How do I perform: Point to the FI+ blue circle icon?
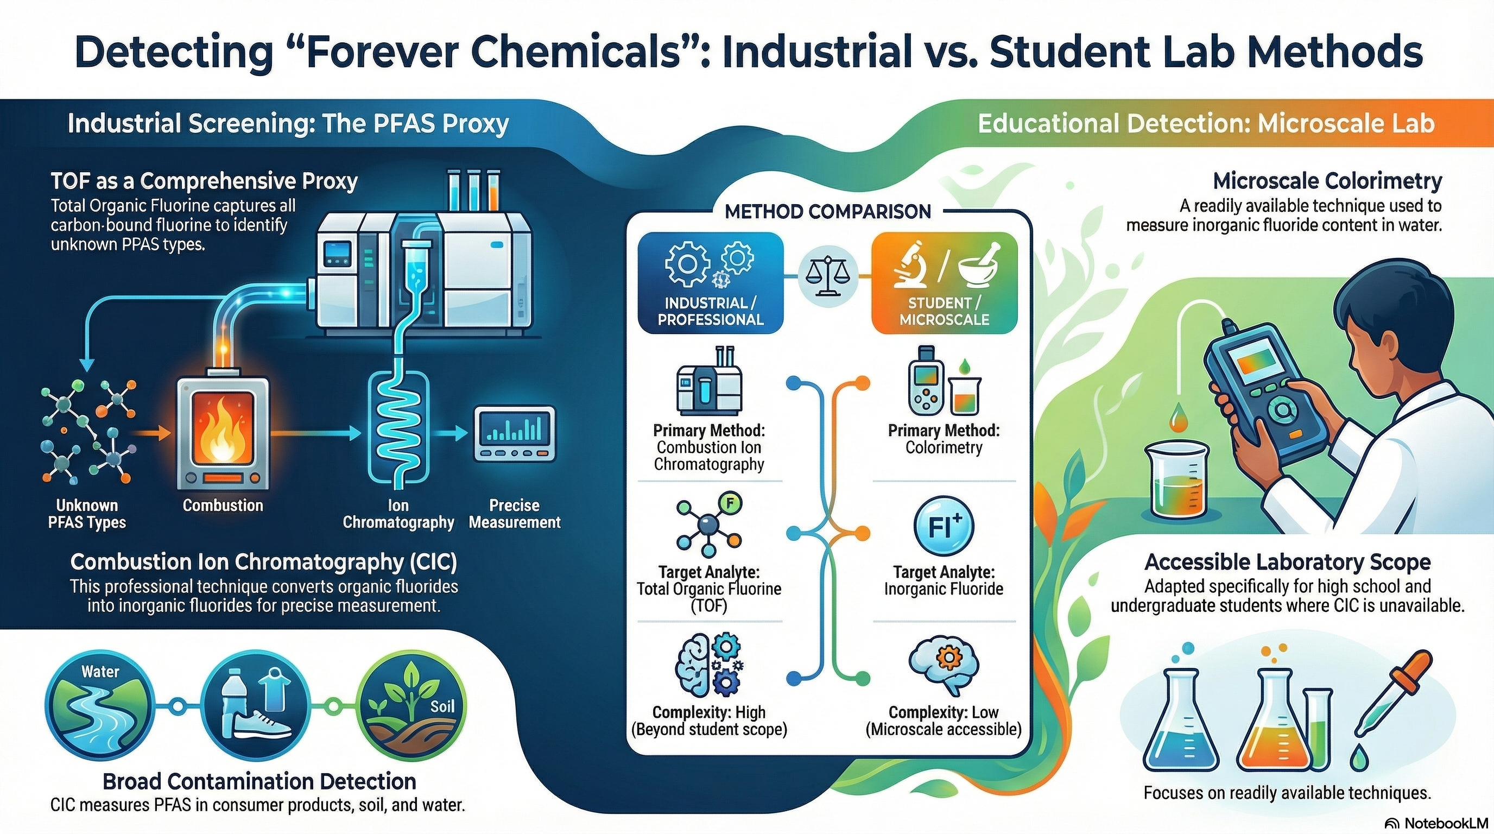[x=944, y=526]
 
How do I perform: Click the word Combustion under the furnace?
[x=223, y=505]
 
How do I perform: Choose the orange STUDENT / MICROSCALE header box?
[x=944, y=283]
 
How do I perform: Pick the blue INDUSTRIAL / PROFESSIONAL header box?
[x=711, y=283]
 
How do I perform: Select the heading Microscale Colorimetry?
[x=1327, y=181]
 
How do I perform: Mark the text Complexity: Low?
[x=944, y=712]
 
